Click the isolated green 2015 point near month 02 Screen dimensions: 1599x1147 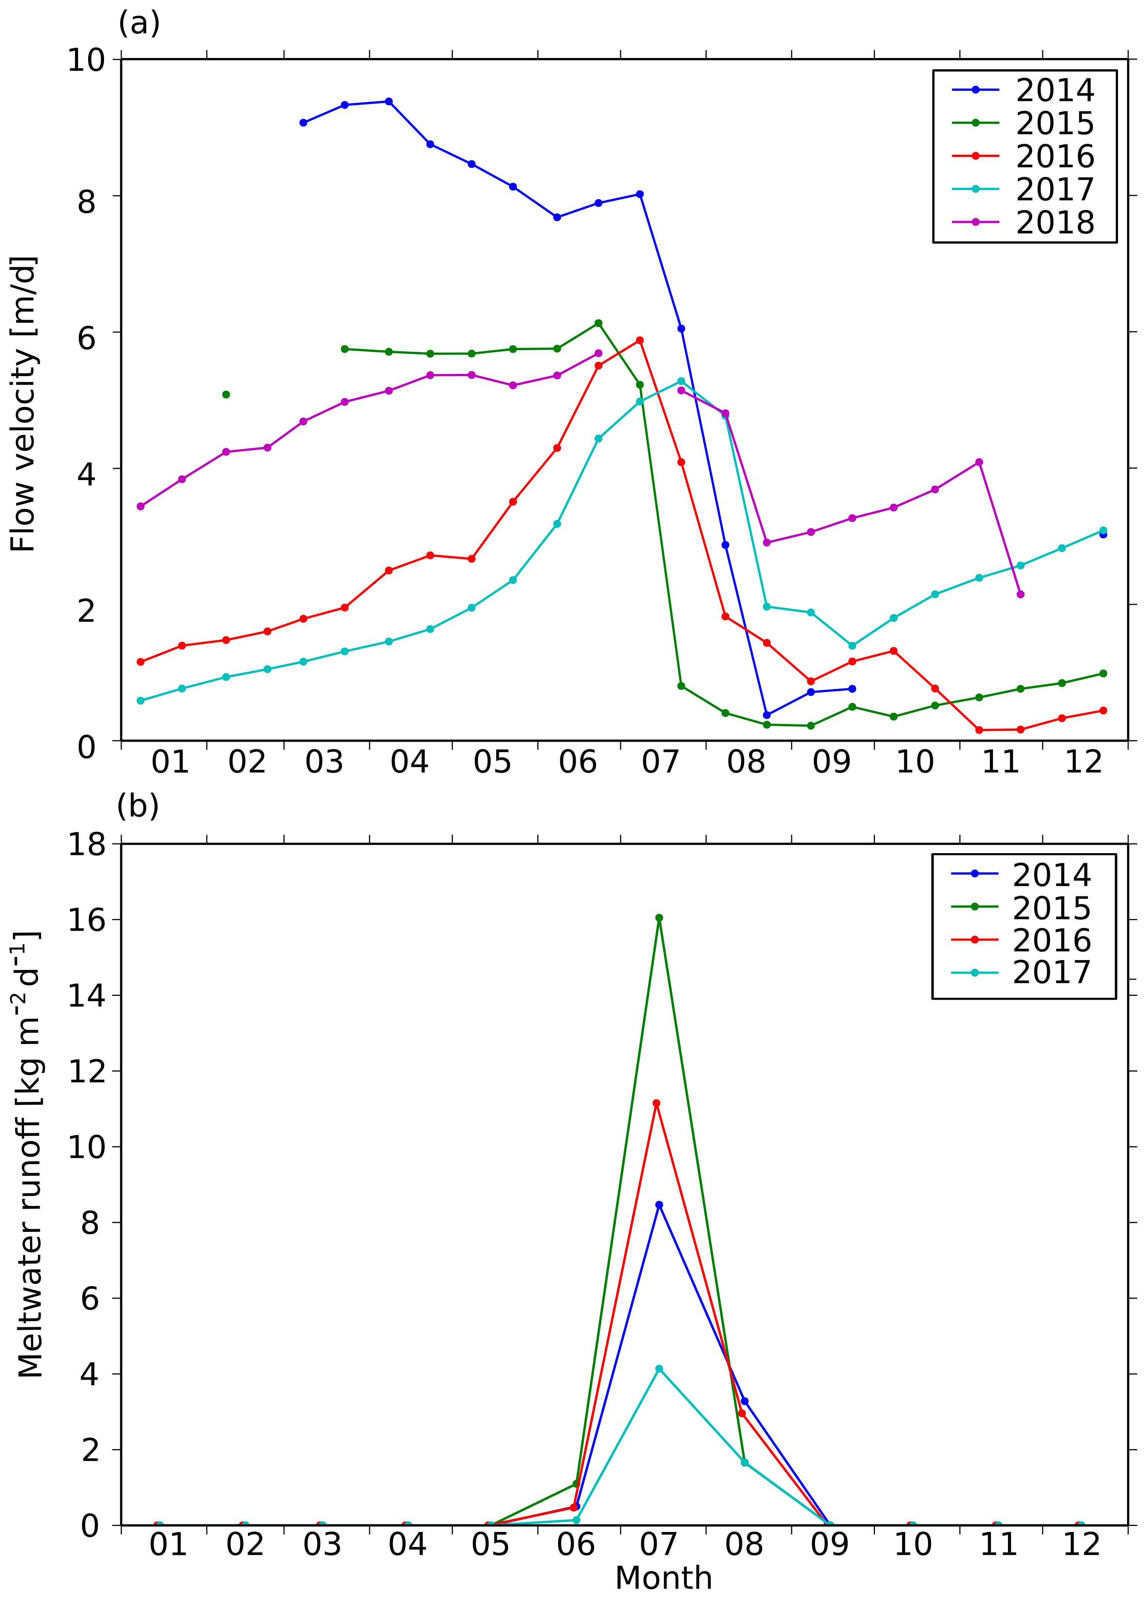(x=226, y=394)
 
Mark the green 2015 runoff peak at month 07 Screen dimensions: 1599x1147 (x=659, y=918)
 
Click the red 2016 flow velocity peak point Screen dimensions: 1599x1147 (x=640, y=340)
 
